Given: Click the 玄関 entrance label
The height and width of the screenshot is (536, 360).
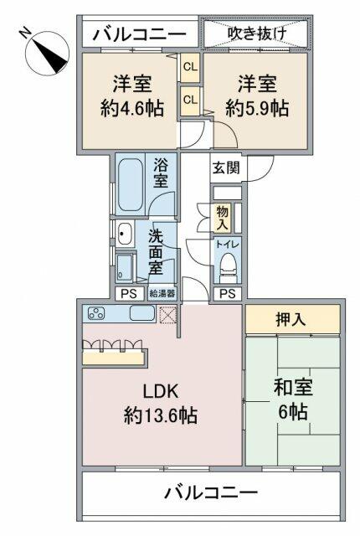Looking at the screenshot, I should (x=226, y=167).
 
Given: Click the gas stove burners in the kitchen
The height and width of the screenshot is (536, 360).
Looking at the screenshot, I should (x=96, y=315).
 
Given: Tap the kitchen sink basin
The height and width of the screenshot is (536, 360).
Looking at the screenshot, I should (x=142, y=315).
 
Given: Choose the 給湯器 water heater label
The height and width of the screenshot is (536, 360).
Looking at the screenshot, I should (x=162, y=293).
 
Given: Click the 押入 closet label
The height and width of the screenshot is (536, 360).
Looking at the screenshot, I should (x=292, y=318).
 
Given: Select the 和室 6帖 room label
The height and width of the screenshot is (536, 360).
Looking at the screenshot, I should (x=291, y=400).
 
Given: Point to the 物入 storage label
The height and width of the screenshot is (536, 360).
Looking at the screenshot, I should (x=222, y=218).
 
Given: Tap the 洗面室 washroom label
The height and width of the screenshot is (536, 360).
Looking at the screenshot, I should (x=156, y=251).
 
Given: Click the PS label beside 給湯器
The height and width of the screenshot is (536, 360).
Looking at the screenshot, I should (x=128, y=293).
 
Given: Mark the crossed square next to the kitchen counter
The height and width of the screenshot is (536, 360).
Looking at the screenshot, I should (x=168, y=316).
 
